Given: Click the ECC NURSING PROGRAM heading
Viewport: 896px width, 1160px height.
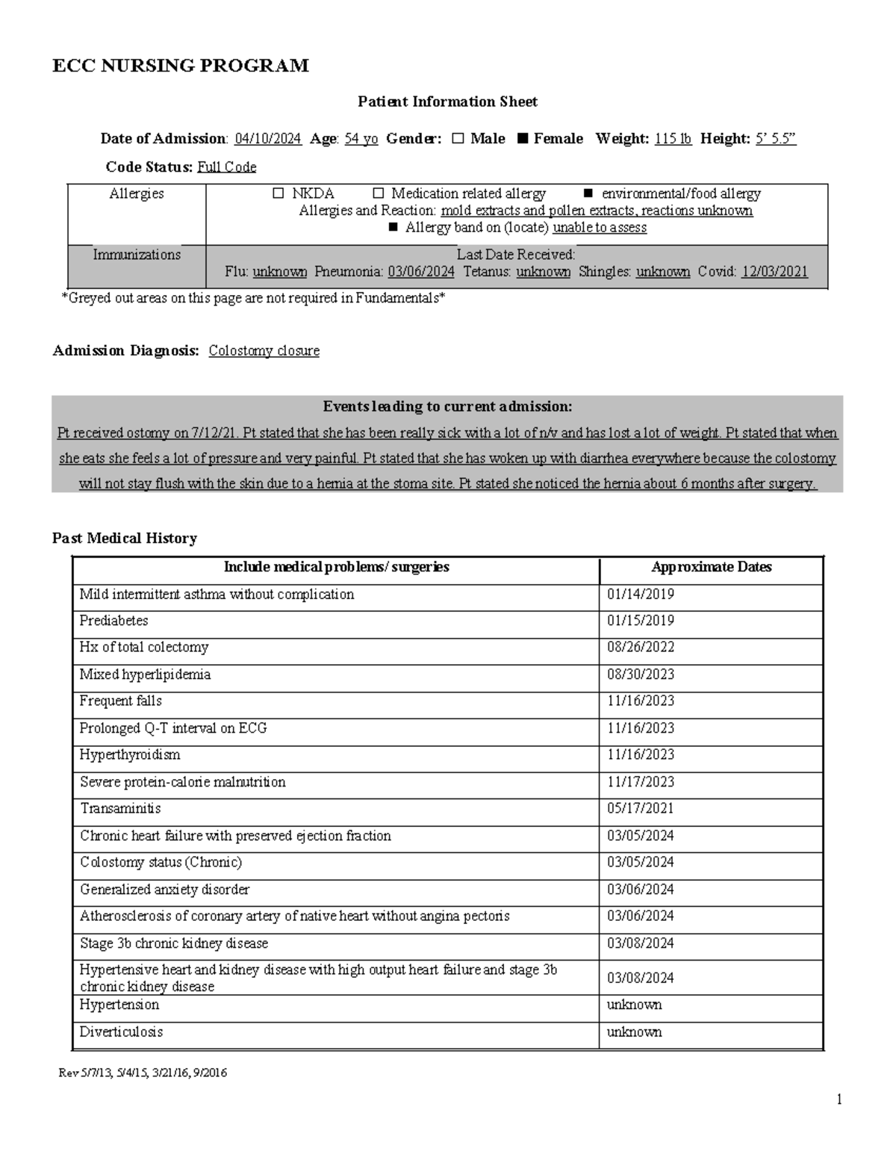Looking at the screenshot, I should point(180,66).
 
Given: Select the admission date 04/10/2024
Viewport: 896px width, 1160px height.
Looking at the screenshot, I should point(268,139).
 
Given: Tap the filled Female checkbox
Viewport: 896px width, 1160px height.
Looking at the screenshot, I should point(522,139).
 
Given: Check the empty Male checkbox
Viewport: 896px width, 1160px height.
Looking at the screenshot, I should point(458,139).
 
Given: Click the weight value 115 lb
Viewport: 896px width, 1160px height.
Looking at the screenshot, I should point(673,139).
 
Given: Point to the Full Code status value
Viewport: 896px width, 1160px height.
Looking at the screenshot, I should point(226,167).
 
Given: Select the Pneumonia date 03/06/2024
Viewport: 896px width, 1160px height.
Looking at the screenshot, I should point(421,272).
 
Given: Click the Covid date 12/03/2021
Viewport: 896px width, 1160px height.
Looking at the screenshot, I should point(774,272).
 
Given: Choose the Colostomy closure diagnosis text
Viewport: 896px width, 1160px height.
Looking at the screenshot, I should point(264,351).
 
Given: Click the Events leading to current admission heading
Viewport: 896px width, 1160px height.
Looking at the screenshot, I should point(447,407).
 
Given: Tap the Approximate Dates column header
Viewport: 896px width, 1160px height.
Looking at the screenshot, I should point(711,568).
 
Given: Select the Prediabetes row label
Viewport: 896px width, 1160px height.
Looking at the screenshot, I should point(114,621).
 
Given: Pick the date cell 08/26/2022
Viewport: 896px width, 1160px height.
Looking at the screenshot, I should point(640,648).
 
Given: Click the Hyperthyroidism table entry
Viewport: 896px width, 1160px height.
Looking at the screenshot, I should point(130,755).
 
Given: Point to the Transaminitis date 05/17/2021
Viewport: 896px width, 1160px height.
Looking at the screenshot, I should point(640,809).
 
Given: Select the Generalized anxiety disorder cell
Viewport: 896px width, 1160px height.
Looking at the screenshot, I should point(165,890).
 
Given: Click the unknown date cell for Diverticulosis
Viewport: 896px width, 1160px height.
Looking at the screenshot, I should point(634,1032).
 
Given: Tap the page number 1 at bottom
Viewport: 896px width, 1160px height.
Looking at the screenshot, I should point(839,1099).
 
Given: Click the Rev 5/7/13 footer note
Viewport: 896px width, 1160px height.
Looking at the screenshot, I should point(143,1073).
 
